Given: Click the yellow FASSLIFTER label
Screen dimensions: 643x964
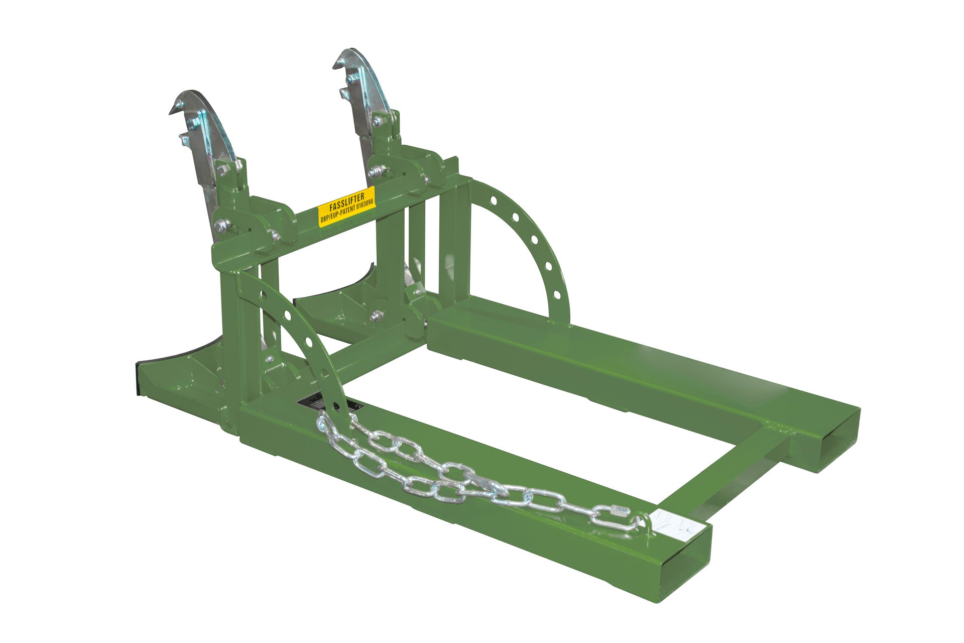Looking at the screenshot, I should pyautogui.click(x=347, y=206).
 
